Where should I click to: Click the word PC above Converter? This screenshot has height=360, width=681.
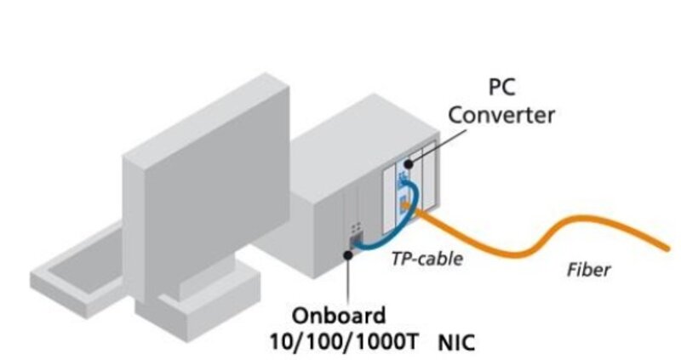(x=502, y=87)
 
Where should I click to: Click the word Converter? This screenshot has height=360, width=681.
(x=502, y=114)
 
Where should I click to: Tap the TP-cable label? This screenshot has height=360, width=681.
(x=426, y=258)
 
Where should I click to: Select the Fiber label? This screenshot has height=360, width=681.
(x=588, y=271)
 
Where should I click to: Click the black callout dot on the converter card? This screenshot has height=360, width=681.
(x=409, y=163)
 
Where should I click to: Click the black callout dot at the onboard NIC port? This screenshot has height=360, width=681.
(x=350, y=252)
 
